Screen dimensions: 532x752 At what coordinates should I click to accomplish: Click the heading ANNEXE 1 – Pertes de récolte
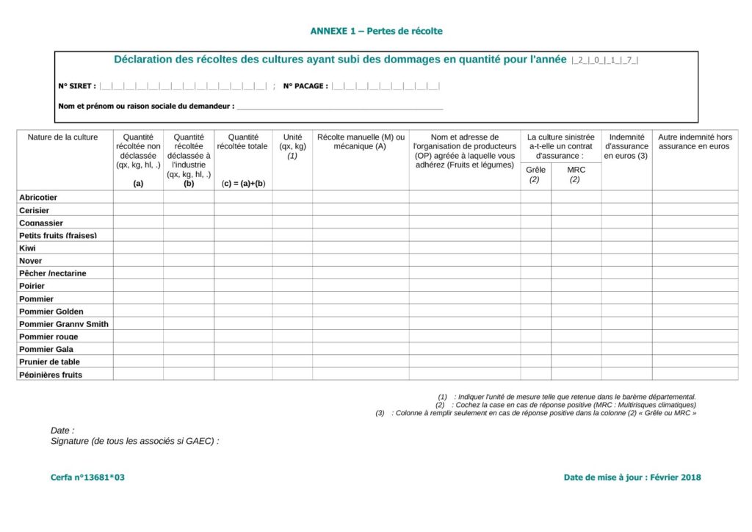pos(376,31)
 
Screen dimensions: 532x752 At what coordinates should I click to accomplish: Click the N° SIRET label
pos(76,86)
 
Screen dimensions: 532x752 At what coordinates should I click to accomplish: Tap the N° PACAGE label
pos(305,86)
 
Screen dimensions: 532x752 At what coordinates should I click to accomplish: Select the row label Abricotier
pos(38,198)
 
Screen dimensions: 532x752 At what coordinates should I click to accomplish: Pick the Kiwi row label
pos(27,248)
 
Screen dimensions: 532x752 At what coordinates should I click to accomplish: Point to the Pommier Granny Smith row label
pos(64,324)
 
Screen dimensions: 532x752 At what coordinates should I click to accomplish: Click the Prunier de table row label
pos(49,362)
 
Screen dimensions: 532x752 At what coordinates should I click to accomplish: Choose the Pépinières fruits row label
pos(51,375)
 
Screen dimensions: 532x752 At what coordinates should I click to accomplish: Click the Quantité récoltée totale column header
pos(242,142)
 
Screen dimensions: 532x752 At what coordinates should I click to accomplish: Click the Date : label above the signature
pos(62,431)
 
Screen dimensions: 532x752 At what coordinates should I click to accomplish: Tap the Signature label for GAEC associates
pos(134,441)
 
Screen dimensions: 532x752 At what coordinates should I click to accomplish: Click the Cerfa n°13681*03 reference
pos(87,478)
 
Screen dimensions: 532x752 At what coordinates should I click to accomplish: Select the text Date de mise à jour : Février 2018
pos(632,478)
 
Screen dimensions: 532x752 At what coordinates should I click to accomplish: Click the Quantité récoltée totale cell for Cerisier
pos(242,210)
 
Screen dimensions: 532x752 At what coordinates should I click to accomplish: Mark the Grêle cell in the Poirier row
pos(536,286)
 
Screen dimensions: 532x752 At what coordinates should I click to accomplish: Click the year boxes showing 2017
pos(605,60)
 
